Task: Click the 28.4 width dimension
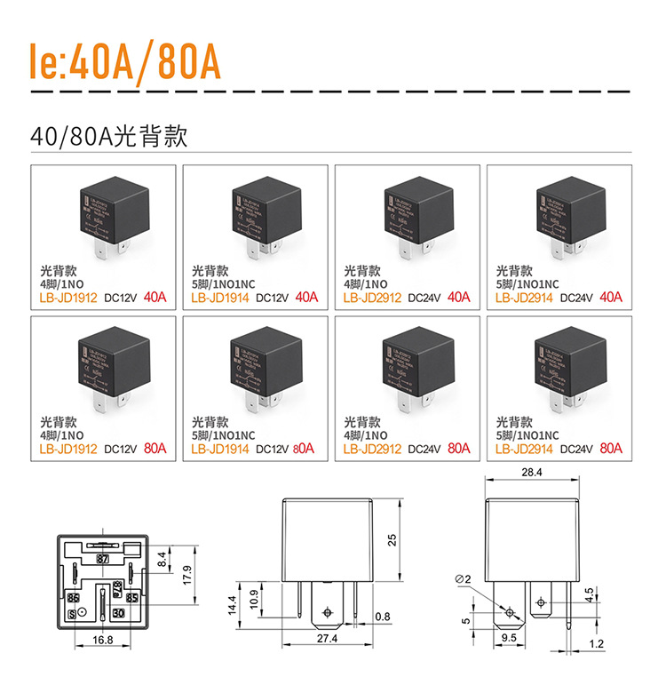click(x=531, y=472)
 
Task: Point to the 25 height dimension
click(x=392, y=540)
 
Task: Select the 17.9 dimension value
click(x=186, y=575)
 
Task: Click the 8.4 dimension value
click(x=162, y=560)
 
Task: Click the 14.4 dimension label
click(x=233, y=605)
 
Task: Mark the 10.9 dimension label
click(x=255, y=599)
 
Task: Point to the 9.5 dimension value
click(x=510, y=638)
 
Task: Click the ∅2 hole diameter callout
click(x=462, y=579)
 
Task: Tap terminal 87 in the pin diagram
click(x=103, y=559)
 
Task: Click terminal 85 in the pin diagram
click(x=132, y=598)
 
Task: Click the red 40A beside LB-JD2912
click(x=459, y=297)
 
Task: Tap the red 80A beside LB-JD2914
click(x=611, y=449)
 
